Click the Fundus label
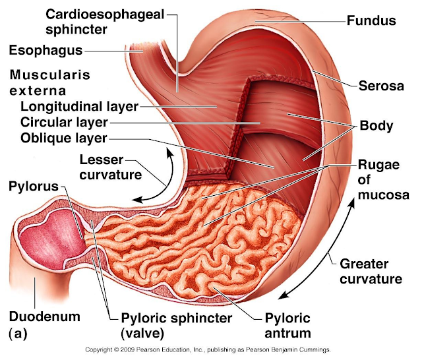coord(371,20)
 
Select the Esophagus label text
coord(45,49)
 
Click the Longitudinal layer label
coord(79,105)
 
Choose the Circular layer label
coord(64,122)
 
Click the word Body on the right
coord(377,125)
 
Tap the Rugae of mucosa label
coord(382,179)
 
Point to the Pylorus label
coord(34,186)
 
